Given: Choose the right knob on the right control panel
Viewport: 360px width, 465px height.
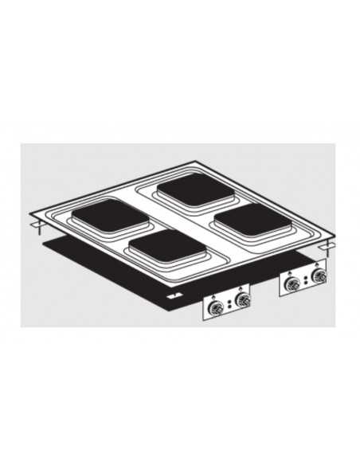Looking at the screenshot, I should (321, 277).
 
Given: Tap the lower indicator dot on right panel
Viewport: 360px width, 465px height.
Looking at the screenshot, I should (307, 283).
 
